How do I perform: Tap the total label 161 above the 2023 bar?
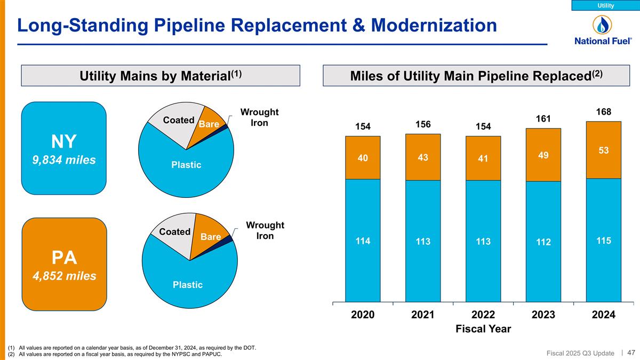(x=543, y=118)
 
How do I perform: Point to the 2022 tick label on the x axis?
(x=483, y=315)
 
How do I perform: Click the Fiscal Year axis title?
(x=483, y=329)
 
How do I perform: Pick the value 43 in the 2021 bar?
(x=423, y=158)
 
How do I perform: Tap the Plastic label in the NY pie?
(x=186, y=165)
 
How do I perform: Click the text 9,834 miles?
(x=64, y=159)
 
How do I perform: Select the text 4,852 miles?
(x=64, y=276)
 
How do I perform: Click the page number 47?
(x=631, y=352)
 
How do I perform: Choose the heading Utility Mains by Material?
(x=161, y=76)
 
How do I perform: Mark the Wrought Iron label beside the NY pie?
(x=259, y=117)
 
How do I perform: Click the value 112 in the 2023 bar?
(x=543, y=243)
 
